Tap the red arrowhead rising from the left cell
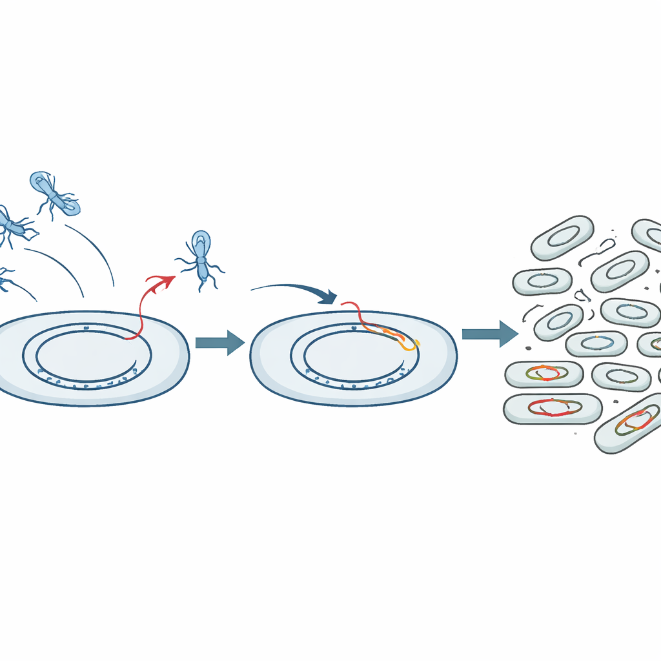[169, 280]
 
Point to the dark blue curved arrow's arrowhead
[330, 298]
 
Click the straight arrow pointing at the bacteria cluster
[489, 333]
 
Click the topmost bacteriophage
[55, 192]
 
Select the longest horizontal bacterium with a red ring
[552, 409]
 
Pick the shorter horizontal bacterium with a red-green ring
[543, 374]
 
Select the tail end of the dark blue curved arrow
[253, 288]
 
